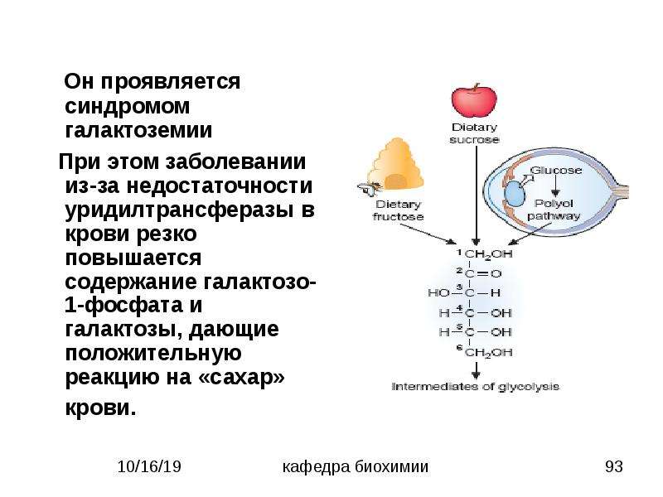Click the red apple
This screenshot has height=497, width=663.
474,99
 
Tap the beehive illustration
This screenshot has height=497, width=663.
395,165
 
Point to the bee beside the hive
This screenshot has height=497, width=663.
366,190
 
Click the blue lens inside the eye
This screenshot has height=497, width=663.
514,194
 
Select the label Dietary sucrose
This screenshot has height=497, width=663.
474,133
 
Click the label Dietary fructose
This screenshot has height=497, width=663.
398,210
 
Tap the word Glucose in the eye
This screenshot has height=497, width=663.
555,171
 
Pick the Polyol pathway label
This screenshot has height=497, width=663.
554,210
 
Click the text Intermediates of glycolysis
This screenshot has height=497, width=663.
476,387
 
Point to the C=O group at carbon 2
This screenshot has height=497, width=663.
483,274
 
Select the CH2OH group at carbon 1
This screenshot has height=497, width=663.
488,254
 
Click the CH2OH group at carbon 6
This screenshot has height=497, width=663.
488,353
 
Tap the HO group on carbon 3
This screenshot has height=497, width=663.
438,292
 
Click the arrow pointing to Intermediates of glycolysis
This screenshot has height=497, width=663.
476,369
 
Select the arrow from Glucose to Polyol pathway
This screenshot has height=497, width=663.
555,187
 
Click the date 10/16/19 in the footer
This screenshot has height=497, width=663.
149,466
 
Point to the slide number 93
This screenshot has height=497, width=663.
614,466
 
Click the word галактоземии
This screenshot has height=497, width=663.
138,130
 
